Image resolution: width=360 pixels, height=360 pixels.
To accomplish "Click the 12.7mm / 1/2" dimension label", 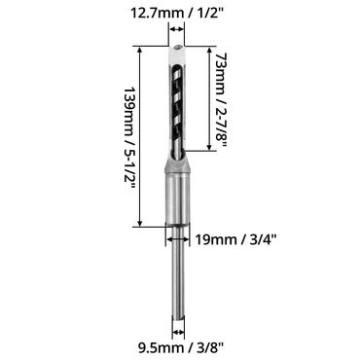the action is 177,14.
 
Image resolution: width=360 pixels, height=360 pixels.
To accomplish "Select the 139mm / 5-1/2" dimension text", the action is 128,138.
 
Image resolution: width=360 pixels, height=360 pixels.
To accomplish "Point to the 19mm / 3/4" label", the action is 235,239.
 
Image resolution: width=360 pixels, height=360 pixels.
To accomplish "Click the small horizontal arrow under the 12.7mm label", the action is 176,29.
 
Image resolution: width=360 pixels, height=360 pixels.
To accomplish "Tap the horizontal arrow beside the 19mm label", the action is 177,239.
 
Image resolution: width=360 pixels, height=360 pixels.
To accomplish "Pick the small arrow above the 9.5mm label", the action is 178,332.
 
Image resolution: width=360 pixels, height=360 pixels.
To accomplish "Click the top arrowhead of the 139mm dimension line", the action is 140,50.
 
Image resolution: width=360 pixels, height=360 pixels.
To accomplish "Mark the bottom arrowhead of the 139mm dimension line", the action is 140,223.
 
